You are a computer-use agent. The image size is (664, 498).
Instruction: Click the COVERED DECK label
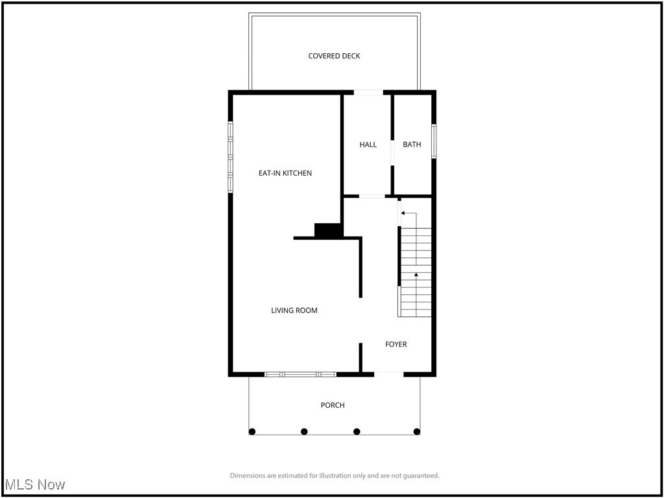(x=334, y=56)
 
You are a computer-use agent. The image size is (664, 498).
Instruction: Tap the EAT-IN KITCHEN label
(x=285, y=173)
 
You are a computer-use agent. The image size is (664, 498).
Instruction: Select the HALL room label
(x=368, y=145)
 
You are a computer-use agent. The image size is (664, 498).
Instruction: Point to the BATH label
(x=412, y=145)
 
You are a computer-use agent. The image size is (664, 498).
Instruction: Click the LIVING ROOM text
(x=294, y=311)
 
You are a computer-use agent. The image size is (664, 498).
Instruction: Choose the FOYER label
(x=396, y=344)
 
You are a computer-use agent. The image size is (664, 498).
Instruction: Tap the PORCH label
(x=333, y=405)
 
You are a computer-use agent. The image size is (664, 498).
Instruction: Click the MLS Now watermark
(x=34, y=484)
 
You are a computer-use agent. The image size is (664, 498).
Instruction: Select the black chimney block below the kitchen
(x=328, y=230)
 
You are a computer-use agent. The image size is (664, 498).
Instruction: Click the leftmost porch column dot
(x=252, y=431)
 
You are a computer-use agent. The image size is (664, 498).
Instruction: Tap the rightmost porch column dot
(x=417, y=431)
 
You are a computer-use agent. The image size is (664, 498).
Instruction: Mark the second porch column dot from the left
(x=304, y=431)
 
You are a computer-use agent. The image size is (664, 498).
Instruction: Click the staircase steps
(x=416, y=272)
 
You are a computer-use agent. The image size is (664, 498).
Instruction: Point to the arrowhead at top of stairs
(x=403, y=213)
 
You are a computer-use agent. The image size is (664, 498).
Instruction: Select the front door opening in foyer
(x=388, y=373)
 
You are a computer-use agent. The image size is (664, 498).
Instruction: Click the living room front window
(x=300, y=374)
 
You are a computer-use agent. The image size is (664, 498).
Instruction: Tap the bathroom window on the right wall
(x=434, y=141)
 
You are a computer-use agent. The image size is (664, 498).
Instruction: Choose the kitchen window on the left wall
(x=230, y=157)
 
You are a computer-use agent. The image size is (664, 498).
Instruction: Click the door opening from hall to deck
(x=368, y=93)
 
